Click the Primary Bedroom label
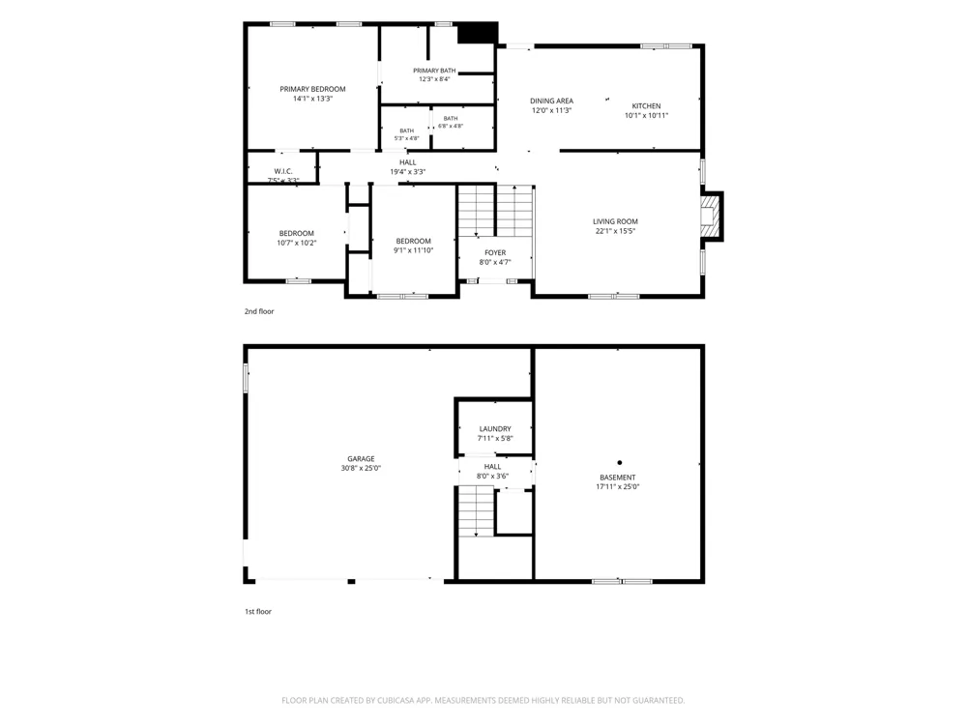pos(312,89)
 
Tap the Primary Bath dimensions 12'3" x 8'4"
pos(435,79)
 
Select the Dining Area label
pos(551,101)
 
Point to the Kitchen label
pos(646,106)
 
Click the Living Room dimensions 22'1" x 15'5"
pos(615,231)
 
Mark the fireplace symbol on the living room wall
pos(711,217)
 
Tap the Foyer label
pos(495,252)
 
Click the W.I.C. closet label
pos(283,171)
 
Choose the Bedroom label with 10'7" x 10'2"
pos(297,234)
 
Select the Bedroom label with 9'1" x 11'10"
pos(413,241)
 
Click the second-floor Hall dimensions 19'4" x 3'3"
pos(408,172)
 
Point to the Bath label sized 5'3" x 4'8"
pos(406,130)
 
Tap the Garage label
pos(361,458)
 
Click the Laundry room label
pos(495,429)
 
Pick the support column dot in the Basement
pos(619,462)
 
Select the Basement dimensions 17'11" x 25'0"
pos(617,487)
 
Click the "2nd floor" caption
pos(259,311)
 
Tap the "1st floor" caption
pos(258,612)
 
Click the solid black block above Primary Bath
pos(478,33)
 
